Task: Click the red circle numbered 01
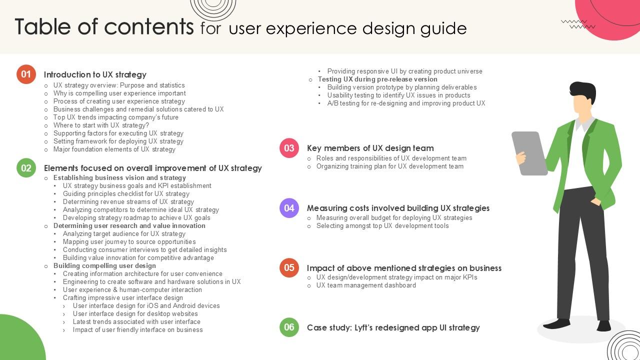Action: (x=26, y=74)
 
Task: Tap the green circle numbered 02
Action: (x=26, y=168)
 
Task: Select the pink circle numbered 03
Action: (x=289, y=148)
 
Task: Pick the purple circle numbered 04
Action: (x=289, y=208)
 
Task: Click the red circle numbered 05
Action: (x=289, y=268)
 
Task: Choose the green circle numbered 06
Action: (x=289, y=327)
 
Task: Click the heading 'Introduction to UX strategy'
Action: (x=95, y=74)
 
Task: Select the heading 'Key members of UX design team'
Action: (x=370, y=148)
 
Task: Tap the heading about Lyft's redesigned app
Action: (x=393, y=327)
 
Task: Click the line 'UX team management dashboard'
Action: (x=366, y=285)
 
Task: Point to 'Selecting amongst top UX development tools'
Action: (x=382, y=226)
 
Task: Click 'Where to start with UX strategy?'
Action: (x=101, y=125)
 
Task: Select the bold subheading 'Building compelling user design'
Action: (x=104, y=266)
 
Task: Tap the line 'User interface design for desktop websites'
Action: (x=135, y=314)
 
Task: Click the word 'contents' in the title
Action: (x=148, y=27)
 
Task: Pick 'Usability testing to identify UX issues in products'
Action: (x=398, y=95)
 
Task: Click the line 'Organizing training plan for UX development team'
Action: (x=389, y=166)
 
